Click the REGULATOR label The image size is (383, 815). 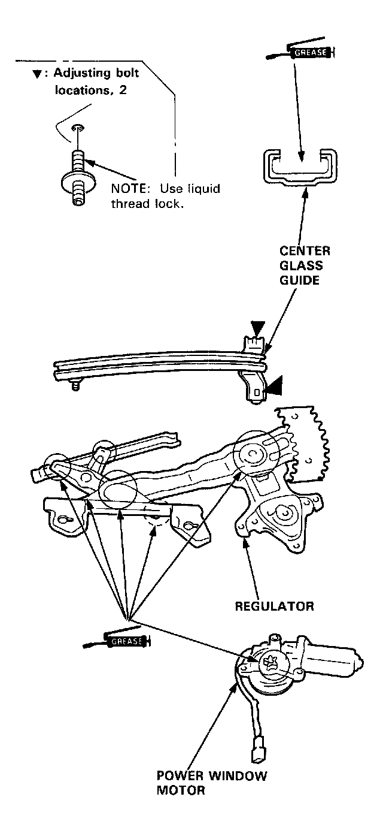click(273, 606)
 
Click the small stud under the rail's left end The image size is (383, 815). click(75, 387)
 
